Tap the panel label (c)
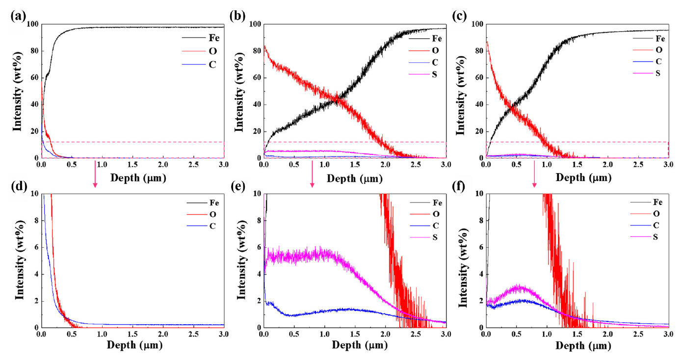460,15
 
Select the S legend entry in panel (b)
437,75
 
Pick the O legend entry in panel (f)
655,214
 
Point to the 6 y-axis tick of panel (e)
258,247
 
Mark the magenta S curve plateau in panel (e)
304,255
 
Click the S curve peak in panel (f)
519,287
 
